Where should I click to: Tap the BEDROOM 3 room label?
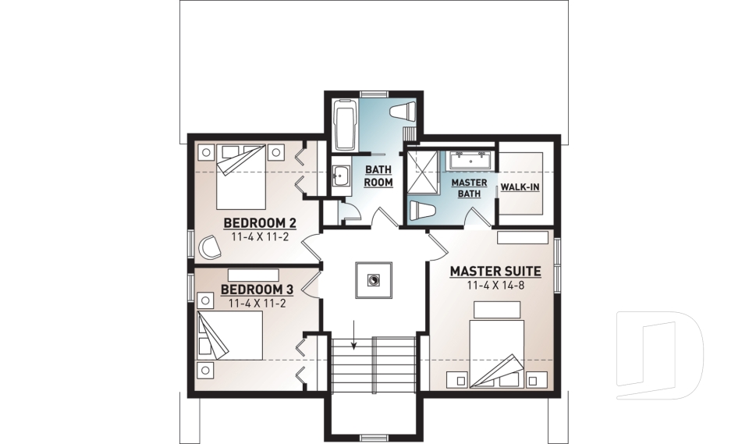pyautogui.click(x=257, y=289)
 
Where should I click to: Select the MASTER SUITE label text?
pyautogui.click(x=495, y=272)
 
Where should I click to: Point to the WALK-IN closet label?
pyautogui.click(x=520, y=187)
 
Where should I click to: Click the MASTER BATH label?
pyautogui.click(x=469, y=187)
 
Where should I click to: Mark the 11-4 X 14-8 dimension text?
pyautogui.click(x=495, y=286)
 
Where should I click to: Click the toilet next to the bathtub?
pyautogui.click(x=406, y=111)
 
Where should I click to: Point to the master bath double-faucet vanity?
pyautogui.click(x=470, y=160)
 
